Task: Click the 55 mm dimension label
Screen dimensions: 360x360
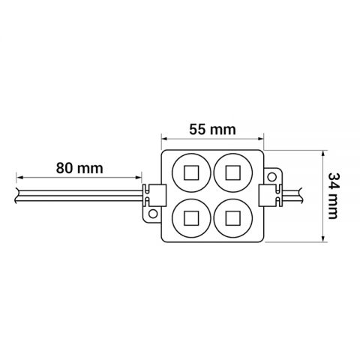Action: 211,129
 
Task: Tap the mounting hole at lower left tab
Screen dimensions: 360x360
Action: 154,214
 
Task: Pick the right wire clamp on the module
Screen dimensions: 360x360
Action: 268,196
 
